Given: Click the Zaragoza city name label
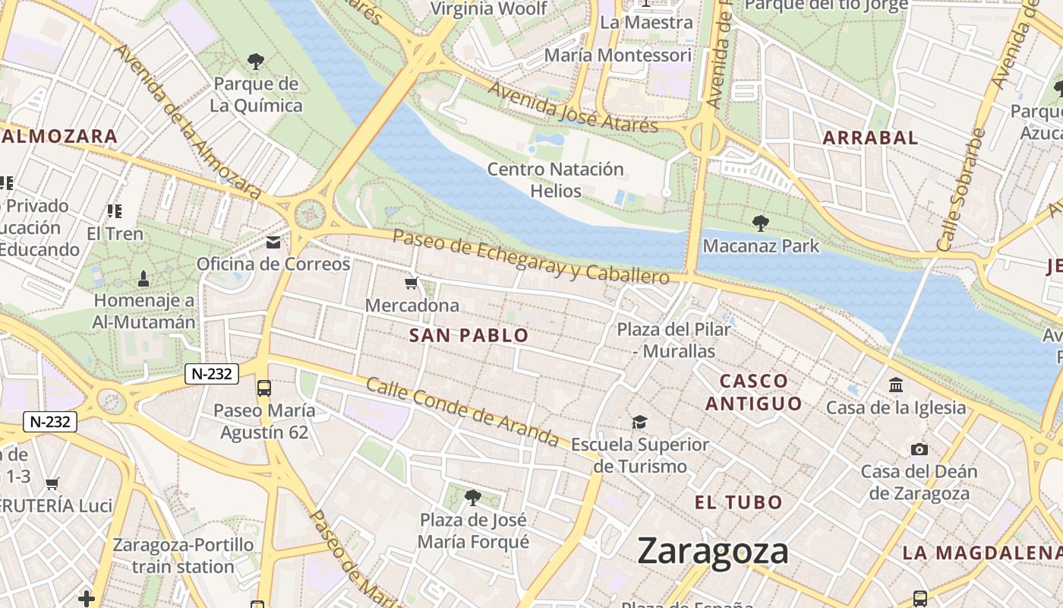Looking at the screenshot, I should [713, 551].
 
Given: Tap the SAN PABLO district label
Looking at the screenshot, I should [468, 335].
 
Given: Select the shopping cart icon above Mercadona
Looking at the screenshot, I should [411, 283].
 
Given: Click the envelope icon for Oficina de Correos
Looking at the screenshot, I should [273, 242].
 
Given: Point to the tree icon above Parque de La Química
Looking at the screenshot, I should [256, 61].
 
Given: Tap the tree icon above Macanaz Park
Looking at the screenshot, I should [760, 223].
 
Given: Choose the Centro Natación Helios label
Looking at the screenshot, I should [555, 179].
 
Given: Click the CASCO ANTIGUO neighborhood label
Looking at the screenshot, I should [753, 392].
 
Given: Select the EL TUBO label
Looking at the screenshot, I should [738, 502].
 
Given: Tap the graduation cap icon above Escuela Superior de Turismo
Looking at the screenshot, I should [639, 422].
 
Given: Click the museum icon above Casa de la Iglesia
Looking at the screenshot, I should [896, 385].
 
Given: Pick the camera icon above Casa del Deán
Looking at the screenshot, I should [919, 449].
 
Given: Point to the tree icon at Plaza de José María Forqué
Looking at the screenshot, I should [473, 498].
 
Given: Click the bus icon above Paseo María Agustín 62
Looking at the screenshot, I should [264, 388].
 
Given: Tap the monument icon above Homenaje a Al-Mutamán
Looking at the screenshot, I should [144, 279].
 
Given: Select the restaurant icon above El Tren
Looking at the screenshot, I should [114, 211].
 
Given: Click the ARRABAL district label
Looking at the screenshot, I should [870, 138].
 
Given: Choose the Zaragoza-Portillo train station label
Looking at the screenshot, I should [183, 556].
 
